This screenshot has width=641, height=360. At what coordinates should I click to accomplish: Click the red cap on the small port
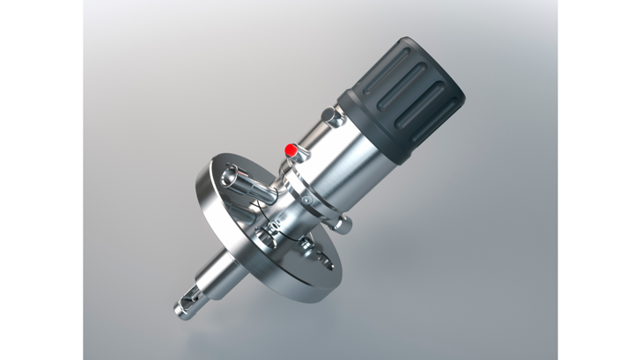(x=291, y=150)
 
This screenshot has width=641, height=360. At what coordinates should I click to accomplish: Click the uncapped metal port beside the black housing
(x=331, y=115)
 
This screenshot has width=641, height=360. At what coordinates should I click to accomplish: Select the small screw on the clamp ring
(x=306, y=202)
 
